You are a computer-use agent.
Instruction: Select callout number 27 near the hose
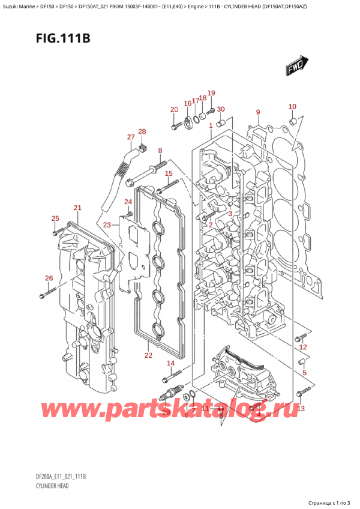(131, 137)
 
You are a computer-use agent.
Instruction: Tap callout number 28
(142, 131)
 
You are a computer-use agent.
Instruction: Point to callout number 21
(77, 208)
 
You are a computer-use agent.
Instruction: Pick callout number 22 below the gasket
(148, 356)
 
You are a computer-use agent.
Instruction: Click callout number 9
(257, 112)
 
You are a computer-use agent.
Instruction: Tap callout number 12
(303, 347)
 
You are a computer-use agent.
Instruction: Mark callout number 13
(301, 409)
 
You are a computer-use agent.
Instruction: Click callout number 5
(304, 373)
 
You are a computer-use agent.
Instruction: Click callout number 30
(221, 109)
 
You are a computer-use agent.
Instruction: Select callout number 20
(174, 109)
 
